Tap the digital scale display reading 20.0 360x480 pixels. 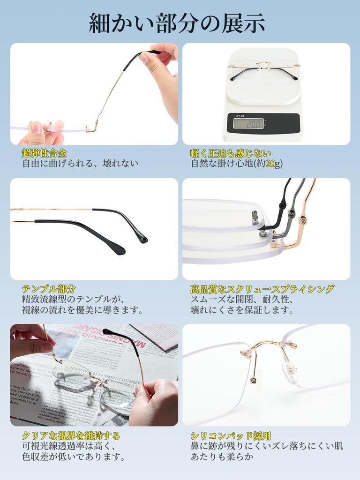pyautogui.click(x=248, y=123)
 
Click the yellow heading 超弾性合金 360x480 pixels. pyautogui.click(x=45, y=153)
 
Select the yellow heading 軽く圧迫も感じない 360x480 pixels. pyautogui.click(x=231, y=153)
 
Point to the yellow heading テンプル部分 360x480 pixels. pyautogui.click(x=49, y=288)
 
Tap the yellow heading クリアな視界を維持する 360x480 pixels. pyautogui.click(x=71, y=435)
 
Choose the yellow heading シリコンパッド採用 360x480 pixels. pyautogui.click(x=231, y=435)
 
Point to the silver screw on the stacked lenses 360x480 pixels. pyautogui.click(x=255, y=217)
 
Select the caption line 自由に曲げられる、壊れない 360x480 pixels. pyautogui.click(x=80, y=164)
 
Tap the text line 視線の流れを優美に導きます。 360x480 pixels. pyautogui.click(x=82, y=310)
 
